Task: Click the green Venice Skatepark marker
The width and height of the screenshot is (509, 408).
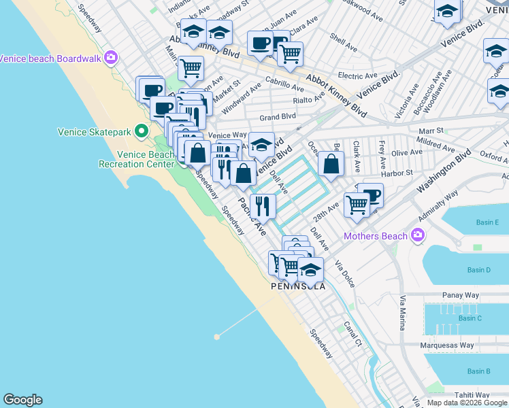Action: pyautogui.click(x=142, y=129)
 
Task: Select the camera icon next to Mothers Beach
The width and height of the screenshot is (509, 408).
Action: pyautogui.click(x=417, y=236)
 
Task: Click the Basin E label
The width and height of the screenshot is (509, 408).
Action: pyautogui.click(x=487, y=222)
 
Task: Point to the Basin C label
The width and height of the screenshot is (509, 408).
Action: pyautogui.click(x=470, y=318)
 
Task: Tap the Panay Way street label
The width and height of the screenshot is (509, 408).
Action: pyautogui.click(x=460, y=295)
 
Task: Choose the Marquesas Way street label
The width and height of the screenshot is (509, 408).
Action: pyautogui.click(x=447, y=345)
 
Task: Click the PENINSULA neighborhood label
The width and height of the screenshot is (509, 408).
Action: pyautogui.click(x=298, y=286)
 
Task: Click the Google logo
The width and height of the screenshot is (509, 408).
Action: pyautogui.click(x=22, y=400)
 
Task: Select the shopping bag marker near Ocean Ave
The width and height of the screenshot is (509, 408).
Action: pyautogui.click(x=330, y=164)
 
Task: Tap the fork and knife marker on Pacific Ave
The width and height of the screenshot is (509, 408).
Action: pyautogui.click(x=263, y=205)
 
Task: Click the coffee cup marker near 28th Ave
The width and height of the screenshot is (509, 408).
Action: pyautogui.click(x=371, y=194)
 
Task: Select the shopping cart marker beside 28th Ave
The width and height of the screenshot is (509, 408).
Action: pyautogui.click(x=356, y=203)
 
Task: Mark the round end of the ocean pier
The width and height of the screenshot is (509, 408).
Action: pyautogui.click(x=217, y=336)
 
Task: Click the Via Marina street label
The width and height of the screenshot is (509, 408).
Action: pyautogui.click(x=403, y=313)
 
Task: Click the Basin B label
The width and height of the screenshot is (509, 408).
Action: pyautogui.click(x=479, y=371)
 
